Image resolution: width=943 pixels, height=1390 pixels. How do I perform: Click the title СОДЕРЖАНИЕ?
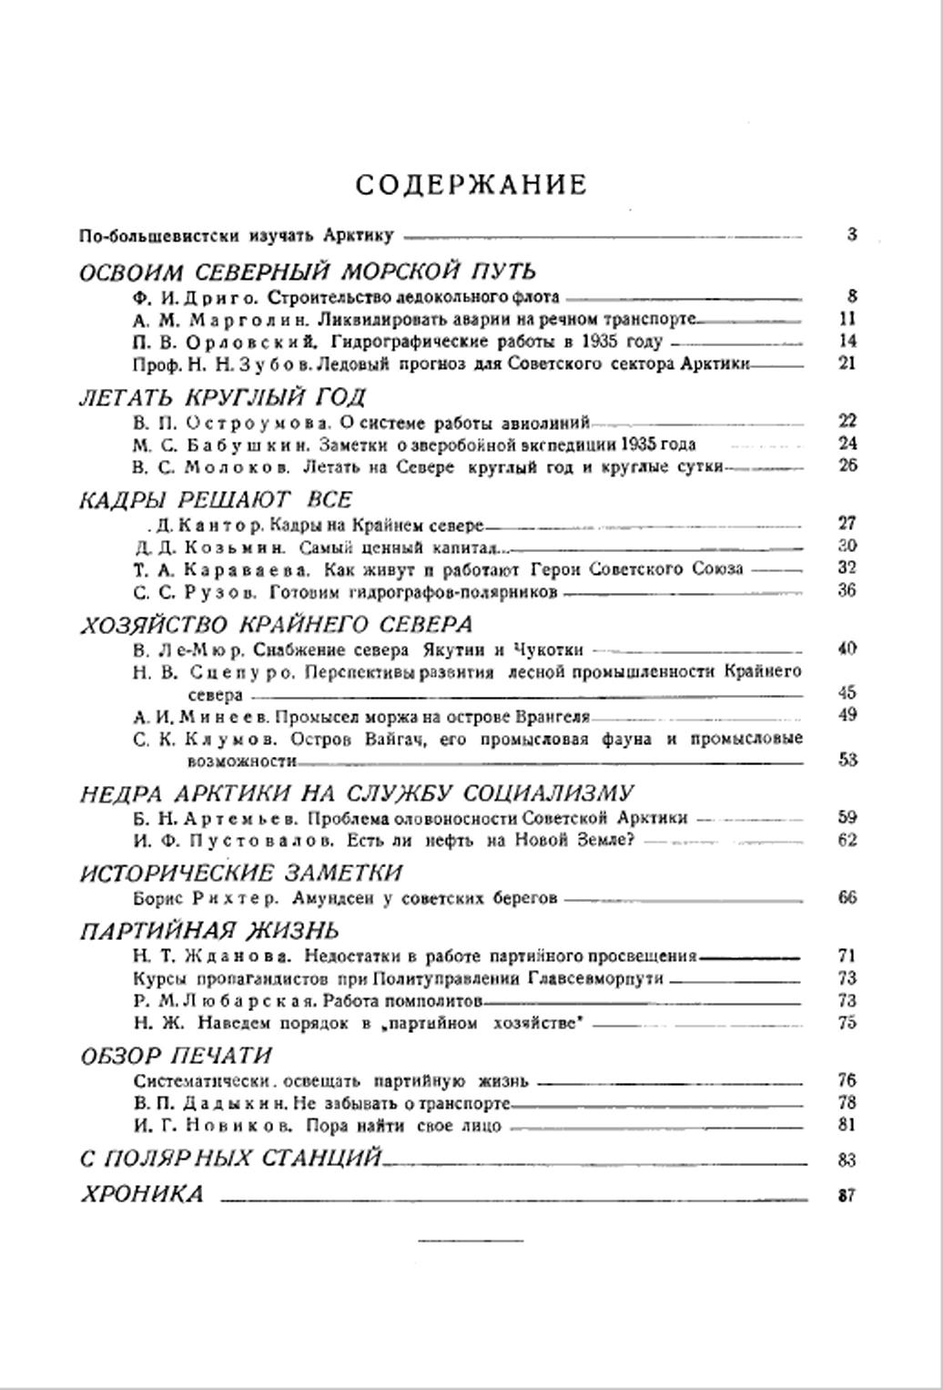tap(471, 185)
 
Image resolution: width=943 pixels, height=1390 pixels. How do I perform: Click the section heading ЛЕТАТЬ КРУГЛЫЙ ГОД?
tap(223, 397)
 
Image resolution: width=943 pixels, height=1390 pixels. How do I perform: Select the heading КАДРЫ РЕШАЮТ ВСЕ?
tap(216, 500)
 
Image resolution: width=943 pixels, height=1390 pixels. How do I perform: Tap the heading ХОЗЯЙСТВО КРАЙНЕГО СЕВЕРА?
tap(277, 625)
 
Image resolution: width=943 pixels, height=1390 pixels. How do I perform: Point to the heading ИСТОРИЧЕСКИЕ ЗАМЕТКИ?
tap(241, 874)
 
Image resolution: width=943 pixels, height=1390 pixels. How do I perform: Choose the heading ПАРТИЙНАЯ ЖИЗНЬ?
tap(209, 931)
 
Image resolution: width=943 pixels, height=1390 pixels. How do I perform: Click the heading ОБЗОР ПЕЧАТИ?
tap(177, 1056)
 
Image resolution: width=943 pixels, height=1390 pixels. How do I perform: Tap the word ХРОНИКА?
tap(142, 1194)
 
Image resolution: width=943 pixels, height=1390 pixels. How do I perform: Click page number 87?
tap(847, 1196)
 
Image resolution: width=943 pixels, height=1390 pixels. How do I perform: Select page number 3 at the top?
tap(852, 234)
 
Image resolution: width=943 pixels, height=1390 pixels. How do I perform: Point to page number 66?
tap(847, 897)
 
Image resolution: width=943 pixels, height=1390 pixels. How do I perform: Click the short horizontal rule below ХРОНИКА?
tap(471, 1240)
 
